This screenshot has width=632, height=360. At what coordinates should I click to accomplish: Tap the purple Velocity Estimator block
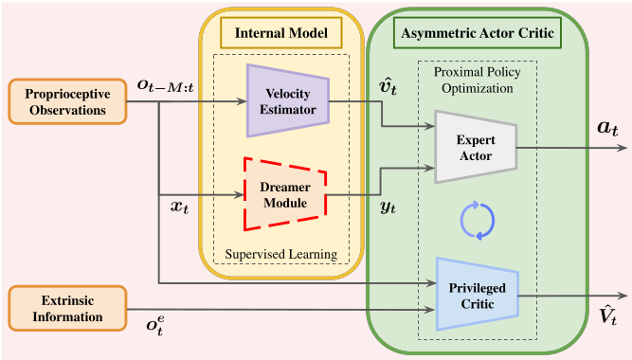(x=286, y=95)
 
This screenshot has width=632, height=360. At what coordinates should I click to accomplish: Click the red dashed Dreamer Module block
(x=286, y=194)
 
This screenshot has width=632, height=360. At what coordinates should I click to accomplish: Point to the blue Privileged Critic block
(x=476, y=294)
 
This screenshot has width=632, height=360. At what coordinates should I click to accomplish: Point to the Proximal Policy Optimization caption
(x=478, y=81)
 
